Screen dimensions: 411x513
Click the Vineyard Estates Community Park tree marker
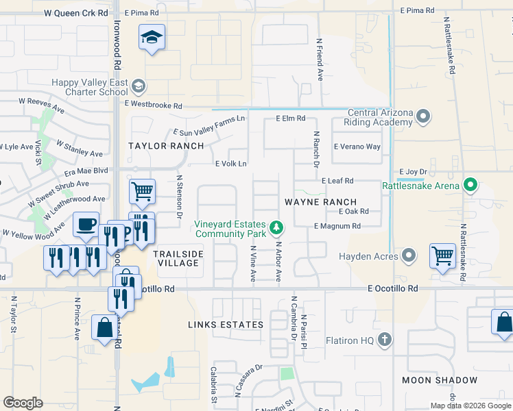[x=276, y=227]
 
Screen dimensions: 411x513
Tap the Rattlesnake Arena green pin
[x=470, y=185]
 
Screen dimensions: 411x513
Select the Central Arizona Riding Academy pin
[x=423, y=117]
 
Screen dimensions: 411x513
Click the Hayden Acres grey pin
[x=409, y=256]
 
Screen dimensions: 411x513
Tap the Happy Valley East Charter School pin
[x=139, y=86]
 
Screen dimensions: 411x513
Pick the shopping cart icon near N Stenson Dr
[x=142, y=192]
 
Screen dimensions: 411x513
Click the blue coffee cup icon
[x=86, y=225]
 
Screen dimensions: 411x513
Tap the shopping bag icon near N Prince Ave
[x=104, y=327]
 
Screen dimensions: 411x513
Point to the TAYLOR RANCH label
[x=166, y=146]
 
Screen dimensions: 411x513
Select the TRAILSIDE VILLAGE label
[x=178, y=258]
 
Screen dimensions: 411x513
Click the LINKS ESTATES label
[x=227, y=324]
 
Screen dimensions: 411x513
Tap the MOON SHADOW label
[x=440, y=380]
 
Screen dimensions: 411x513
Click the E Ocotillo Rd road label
[x=392, y=289]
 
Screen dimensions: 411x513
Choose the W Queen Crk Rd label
[x=75, y=13]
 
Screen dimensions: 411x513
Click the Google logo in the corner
[x=23, y=403]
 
